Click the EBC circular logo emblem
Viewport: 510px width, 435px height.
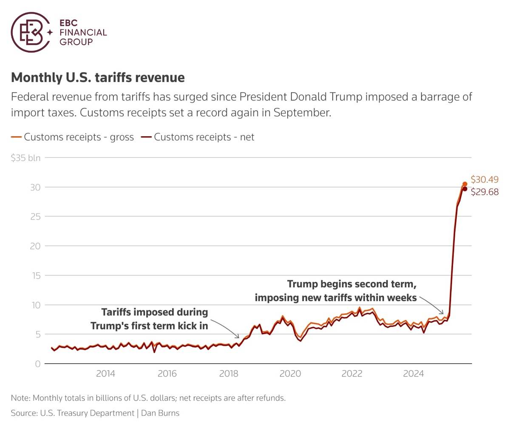29,32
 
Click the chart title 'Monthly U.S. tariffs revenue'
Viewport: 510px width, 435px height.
98,78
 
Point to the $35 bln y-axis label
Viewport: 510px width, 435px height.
26,158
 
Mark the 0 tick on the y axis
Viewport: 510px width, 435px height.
38,364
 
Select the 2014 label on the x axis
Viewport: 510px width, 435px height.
105,373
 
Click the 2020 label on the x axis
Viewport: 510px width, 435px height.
290,373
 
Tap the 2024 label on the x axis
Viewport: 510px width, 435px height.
414,373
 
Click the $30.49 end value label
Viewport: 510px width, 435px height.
484,180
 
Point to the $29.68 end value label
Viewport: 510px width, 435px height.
484,192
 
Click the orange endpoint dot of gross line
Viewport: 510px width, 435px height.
465,184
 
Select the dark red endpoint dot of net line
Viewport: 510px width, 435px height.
465,189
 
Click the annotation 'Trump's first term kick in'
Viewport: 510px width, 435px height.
149,326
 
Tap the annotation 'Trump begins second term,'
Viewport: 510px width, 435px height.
351,284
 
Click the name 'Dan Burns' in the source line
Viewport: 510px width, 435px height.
160,413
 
